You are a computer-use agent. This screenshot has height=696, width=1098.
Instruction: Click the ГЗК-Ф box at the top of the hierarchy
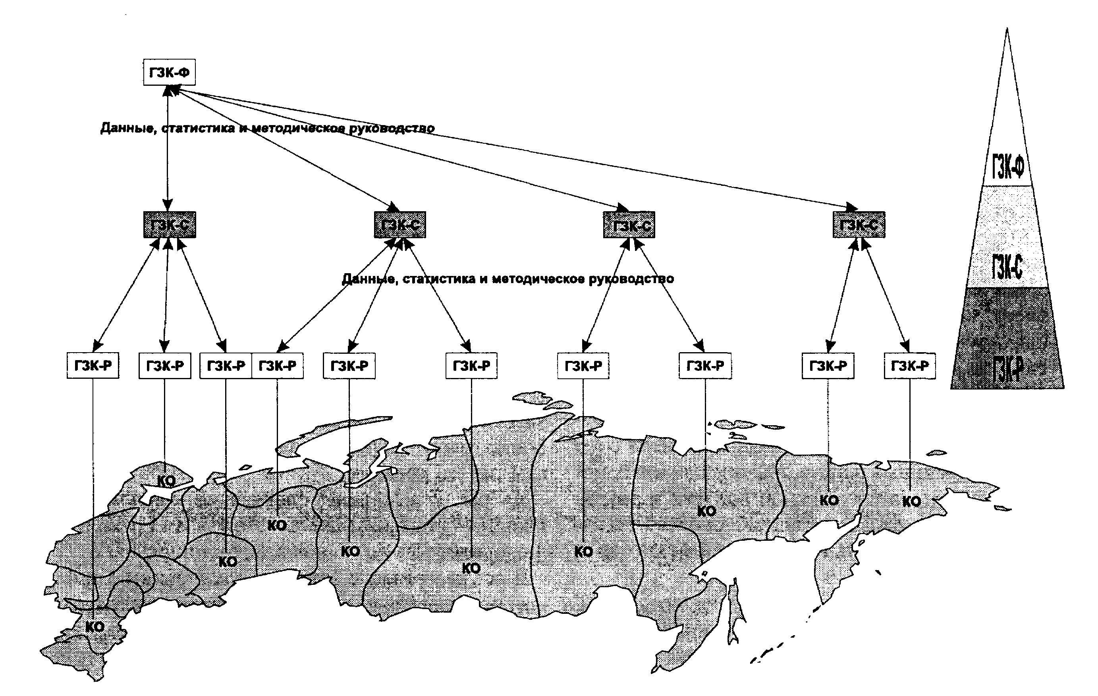point(169,72)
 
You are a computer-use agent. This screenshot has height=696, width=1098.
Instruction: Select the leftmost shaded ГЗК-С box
point(170,224)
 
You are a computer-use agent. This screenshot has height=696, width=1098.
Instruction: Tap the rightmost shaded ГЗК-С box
point(859,224)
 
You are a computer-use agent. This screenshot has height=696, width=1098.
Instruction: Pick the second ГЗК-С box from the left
point(400,224)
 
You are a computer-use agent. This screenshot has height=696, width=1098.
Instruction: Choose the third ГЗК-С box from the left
point(629,224)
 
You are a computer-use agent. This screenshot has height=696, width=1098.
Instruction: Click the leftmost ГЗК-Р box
point(93,366)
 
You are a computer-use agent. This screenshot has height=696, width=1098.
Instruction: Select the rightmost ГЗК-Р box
point(910,366)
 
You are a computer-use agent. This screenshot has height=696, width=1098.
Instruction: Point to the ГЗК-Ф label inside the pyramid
point(1008,167)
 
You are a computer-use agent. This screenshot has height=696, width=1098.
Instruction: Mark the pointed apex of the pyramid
point(1007,30)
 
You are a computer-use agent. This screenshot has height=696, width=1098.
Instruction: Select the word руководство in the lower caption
point(631,278)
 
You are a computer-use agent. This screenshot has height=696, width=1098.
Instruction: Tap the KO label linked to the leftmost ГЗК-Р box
point(95,627)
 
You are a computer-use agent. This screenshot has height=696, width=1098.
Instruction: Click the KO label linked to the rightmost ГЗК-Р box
point(911,502)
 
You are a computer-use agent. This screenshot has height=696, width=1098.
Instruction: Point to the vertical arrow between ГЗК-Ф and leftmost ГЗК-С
point(168,146)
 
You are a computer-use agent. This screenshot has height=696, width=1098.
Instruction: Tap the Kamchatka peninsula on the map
point(834,565)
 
